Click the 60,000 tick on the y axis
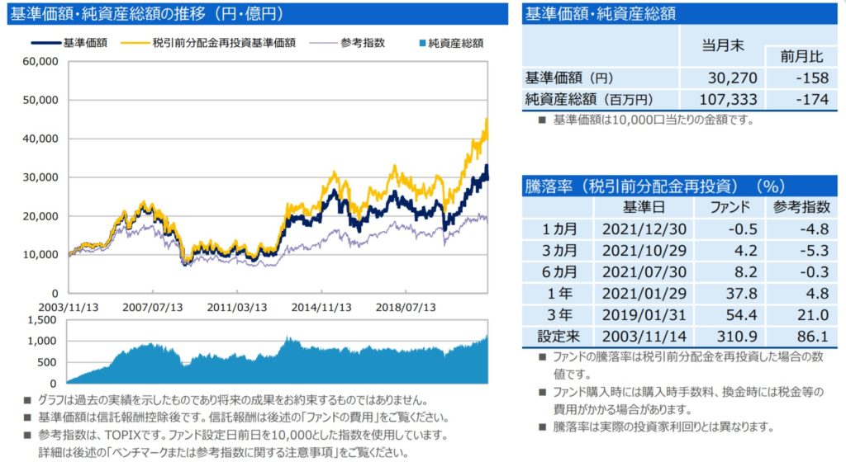40,61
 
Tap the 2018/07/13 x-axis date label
406,307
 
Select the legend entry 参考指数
364,43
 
